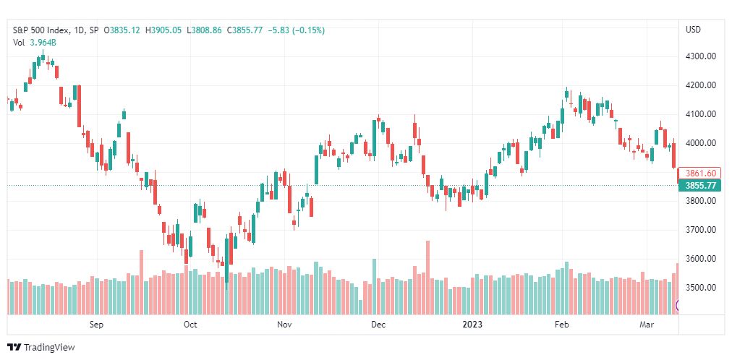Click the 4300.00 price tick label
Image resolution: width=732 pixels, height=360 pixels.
[x=700, y=56]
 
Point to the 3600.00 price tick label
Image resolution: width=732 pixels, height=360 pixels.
[x=700, y=259]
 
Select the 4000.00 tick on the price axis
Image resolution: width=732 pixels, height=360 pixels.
[x=700, y=143]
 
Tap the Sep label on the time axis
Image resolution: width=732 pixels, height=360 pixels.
[x=96, y=325]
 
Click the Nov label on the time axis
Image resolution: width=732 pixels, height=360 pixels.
[x=284, y=325]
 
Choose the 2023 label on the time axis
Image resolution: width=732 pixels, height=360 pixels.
[x=473, y=325]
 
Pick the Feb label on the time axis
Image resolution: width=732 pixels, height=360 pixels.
[x=560, y=325]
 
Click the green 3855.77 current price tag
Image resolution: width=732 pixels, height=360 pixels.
[x=700, y=186]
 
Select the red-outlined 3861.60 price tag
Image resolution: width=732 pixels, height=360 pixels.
[x=700, y=173]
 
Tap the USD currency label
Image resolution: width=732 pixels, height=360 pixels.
[x=693, y=30]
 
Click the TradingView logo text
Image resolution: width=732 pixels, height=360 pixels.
[x=49, y=348]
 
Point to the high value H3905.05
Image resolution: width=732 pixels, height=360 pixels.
[x=163, y=30]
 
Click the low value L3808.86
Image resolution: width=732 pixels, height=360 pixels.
[x=204, y=30]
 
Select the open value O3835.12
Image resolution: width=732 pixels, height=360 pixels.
[x=122, y=30]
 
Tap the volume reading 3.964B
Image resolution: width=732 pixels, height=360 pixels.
[x=43, y=43]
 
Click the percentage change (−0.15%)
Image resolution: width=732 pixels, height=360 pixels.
[x=308, y=30]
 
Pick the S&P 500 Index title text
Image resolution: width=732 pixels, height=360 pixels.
[x=41, y=30]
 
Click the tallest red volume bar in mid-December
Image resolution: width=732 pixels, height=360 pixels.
[x=427, y=278]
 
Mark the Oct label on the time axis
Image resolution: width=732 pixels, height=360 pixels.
[x=190, y=325]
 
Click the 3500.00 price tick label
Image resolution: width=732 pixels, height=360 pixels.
[x=700, y=288]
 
